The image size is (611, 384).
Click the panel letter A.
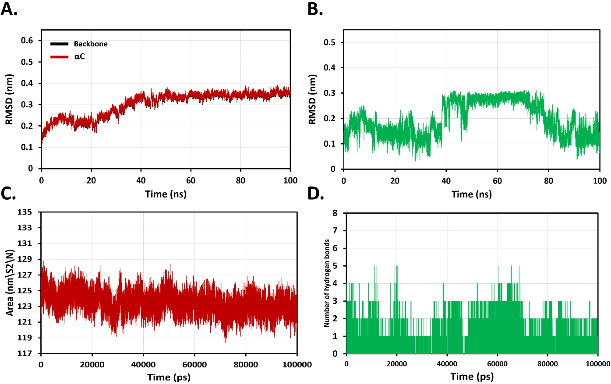[9, 9]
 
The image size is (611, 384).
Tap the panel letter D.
[315, 194]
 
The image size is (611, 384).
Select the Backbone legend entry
[90, 44]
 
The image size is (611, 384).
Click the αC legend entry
[79, 56]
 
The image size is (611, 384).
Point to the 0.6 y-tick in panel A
[27, 41]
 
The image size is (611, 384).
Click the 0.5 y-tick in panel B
[330, 42]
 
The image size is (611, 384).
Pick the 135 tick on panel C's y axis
[25, 212]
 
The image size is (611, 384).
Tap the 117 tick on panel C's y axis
[25, 353]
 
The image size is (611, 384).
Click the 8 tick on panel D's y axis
[335, 213]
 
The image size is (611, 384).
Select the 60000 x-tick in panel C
[194, 364]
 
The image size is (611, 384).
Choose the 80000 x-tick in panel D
[547, 364]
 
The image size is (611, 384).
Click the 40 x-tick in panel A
[141, 180]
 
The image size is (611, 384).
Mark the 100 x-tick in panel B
[600, 181]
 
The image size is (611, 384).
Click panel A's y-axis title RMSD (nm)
[9, 99]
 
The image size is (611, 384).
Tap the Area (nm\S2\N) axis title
[10, 282]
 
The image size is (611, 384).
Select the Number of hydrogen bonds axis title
[327, 283]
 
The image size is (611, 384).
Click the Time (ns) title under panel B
[471, 194]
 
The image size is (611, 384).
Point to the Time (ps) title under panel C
[169, 377]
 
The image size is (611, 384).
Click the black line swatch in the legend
[59, 44]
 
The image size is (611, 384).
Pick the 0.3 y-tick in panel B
[330, 93]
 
